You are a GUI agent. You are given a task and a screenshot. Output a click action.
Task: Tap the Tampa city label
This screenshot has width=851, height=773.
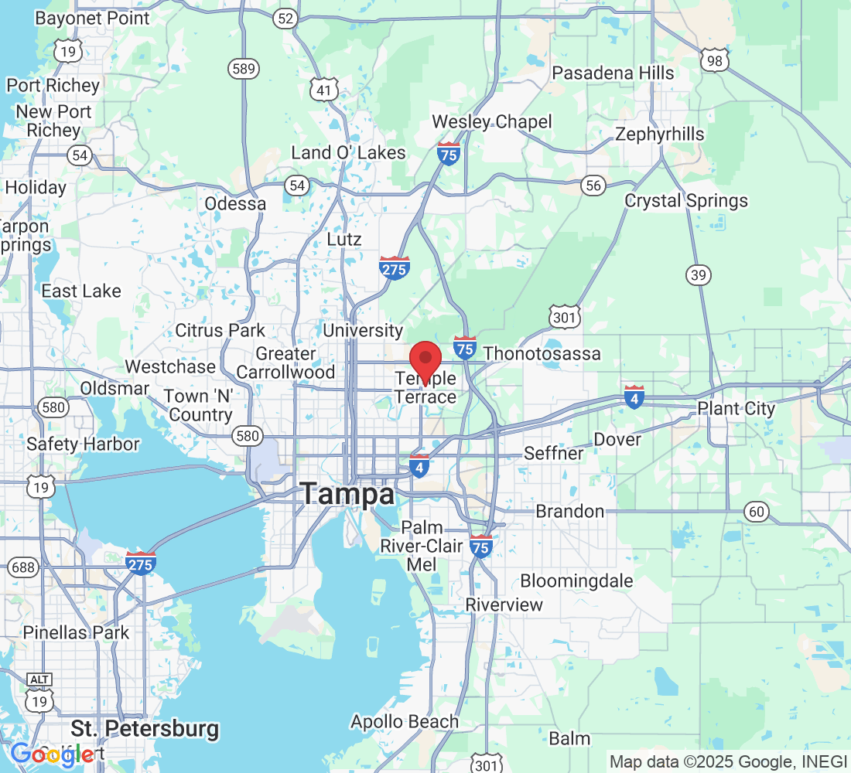[x=347, y=494]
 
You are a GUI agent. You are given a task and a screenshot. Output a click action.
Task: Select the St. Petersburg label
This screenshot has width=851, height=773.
[x=145, y=728]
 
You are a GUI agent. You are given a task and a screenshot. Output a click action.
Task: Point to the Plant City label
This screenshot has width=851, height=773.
[x=736, y=408]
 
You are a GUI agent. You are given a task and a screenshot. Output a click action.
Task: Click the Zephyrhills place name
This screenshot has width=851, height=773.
[x=659, y=135]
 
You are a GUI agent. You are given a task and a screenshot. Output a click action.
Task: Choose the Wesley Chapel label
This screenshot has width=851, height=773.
[x=492, y=121]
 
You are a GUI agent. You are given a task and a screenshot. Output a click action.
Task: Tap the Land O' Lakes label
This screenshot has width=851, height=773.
[x=348, y=152]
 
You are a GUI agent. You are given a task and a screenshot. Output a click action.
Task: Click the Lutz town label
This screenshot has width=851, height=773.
[x=344, y=239]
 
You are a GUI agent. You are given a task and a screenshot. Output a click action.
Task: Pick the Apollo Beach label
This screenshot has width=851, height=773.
[x=405, y=722]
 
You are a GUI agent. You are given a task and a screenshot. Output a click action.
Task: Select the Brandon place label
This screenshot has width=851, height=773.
[x=569, y=511]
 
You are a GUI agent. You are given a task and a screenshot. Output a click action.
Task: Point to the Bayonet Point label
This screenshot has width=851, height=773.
[x=93, y=18]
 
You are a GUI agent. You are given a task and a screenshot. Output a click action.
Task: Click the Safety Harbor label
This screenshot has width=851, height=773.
[x=83, y=444]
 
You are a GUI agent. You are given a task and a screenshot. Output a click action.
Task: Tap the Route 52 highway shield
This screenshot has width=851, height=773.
[x=286, y=19]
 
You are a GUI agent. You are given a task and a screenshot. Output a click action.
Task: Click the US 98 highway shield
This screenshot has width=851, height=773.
[x=713, y=59]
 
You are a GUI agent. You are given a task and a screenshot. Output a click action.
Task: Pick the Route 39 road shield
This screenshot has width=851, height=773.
[x=698, y=274]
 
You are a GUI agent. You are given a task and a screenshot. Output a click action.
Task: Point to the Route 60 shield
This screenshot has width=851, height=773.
[x=757, y=510]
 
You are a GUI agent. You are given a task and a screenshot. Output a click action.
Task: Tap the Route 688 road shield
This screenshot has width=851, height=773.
[x=23, y=568]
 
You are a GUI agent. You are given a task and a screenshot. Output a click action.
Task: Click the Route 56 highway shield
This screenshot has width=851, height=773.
[x=593, y=185]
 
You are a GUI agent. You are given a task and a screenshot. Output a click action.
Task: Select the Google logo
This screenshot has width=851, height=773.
[x=52, y=754]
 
